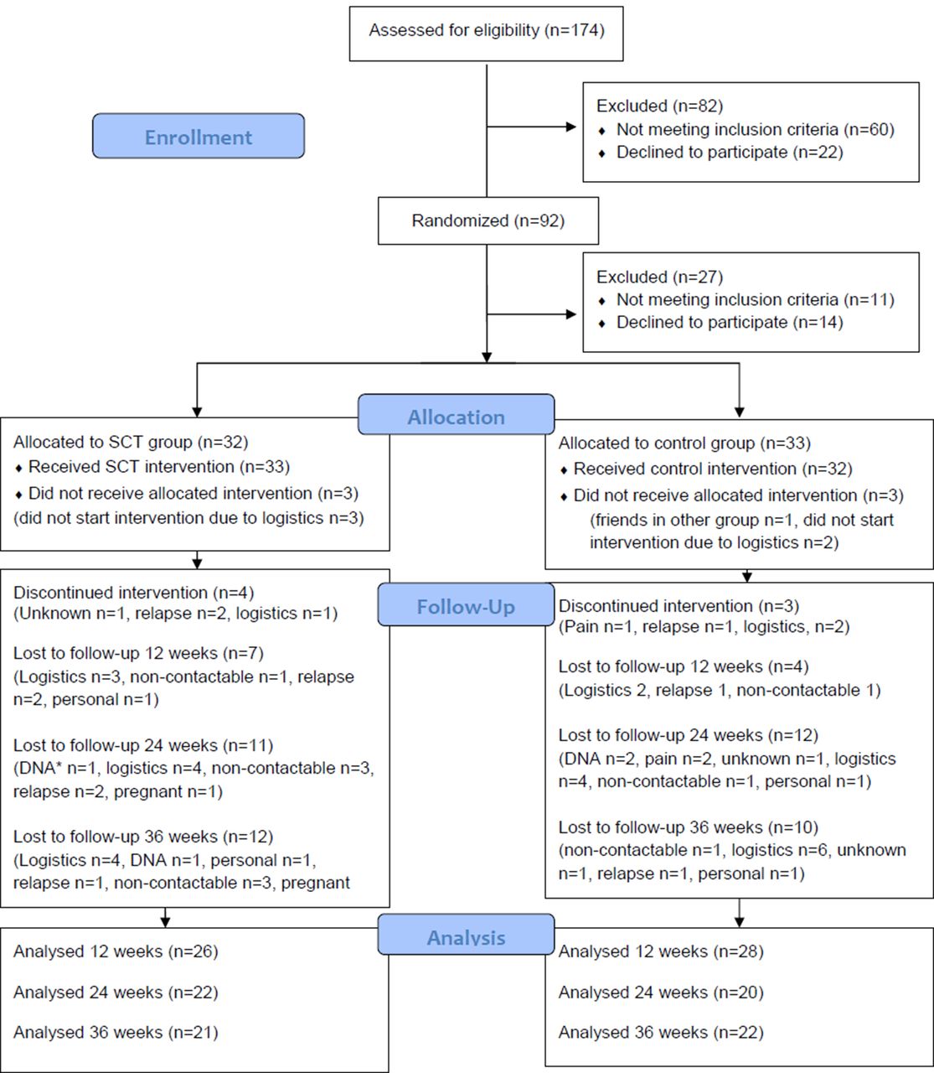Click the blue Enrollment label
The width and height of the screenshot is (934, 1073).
(199, 136)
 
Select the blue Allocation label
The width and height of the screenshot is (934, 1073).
(457, 414)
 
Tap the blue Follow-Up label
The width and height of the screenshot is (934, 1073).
(466, 604)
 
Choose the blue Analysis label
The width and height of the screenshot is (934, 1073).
(466, 934)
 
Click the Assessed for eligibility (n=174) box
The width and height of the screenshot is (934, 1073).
(486, 34)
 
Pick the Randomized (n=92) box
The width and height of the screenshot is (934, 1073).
(488, 220)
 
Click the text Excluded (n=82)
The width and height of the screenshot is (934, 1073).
(659, 106)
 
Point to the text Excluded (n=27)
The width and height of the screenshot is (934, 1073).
(659, 277)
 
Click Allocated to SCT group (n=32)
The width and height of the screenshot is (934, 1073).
(131, 442)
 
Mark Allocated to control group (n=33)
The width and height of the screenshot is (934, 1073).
(684, 443)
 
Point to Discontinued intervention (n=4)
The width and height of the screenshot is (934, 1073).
(133, 593)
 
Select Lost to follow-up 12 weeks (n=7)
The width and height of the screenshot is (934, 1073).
(138, 653)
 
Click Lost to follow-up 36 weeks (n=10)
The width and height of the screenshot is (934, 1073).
(689, 827)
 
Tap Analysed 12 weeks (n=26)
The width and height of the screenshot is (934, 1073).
(116, 951)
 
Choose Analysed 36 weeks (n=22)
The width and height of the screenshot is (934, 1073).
(661, 1032)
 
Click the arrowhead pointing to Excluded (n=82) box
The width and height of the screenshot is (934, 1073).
(571, 127)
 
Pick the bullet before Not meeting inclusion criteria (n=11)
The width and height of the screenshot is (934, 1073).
(602, 301)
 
